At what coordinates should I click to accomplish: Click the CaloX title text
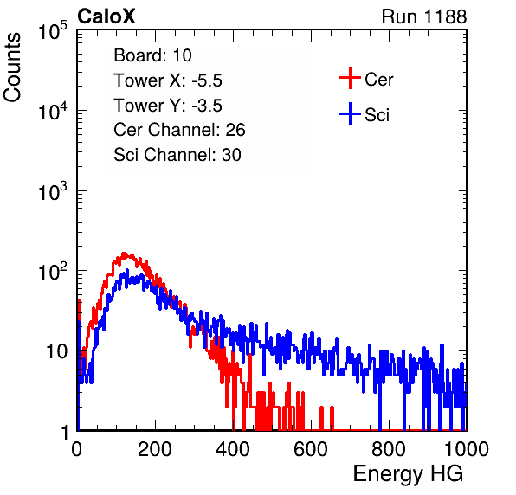tap(106, 16)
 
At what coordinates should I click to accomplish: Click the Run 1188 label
tap(424, 16)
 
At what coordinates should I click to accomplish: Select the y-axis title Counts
tap(12, 67)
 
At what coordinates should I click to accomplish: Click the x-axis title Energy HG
tap(408, 474)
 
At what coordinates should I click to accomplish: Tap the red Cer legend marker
tap(350, 78)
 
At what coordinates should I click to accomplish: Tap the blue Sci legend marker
tap(350, 114)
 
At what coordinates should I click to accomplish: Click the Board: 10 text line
tap(152, 55)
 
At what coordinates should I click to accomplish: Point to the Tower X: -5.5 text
tap(168, 80)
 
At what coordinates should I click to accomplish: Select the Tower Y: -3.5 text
tap(168, 106)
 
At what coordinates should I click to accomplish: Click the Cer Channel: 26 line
tap(179, 130)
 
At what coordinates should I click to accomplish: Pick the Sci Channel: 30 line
tap(177, 155)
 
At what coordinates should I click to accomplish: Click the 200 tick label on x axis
tap(155, 449)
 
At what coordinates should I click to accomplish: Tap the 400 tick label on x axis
tap(233, 449)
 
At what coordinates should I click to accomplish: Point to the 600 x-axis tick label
tap(311, 449)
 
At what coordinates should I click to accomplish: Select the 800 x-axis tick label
tap(389, 449)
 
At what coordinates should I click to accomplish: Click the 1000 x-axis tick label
tap(467, 449)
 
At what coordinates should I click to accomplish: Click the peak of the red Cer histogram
tap(125, 254)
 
